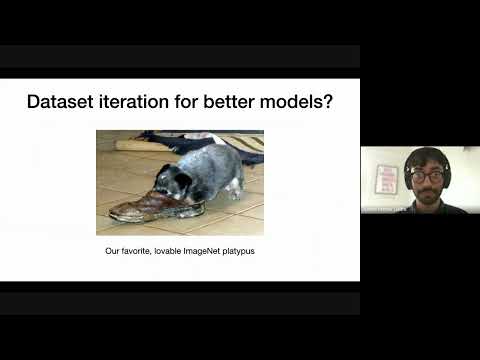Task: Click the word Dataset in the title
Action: click(58, 102)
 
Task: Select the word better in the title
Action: click(224, 102)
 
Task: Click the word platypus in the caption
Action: click(236, 250)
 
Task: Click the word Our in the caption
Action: click(112, 250)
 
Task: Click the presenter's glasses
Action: click(427, 176)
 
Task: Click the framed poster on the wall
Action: click(387, 180)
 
